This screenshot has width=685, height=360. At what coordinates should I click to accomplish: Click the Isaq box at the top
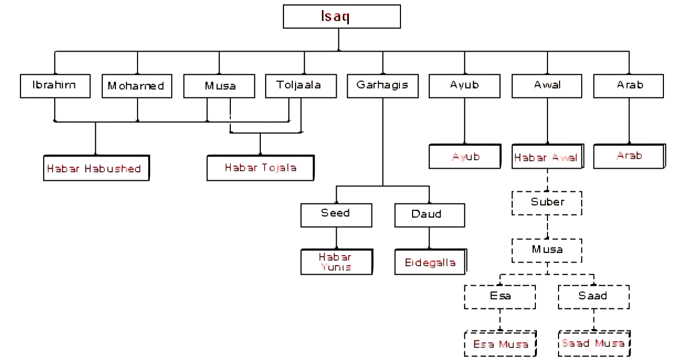[342, 16]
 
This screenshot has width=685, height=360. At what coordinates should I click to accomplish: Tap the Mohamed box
[136, 86]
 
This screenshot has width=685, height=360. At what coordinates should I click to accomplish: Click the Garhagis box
[383, 86]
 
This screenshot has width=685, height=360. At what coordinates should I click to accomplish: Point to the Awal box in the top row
[547, 86]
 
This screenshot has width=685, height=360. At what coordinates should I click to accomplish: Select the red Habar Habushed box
[95, 169]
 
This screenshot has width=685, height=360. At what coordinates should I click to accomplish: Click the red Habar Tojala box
[260, 168]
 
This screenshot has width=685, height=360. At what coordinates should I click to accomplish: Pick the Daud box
[429, 215]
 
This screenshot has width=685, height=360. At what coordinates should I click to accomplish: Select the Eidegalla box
[430, 262]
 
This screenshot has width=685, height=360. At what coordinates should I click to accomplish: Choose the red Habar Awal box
[546, 157]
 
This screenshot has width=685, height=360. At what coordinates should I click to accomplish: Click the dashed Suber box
[547, 203]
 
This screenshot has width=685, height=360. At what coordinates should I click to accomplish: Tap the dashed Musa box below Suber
[547, 250]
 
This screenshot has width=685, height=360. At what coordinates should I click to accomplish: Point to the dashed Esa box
[500, 297]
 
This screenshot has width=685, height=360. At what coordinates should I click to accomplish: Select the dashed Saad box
[593, 297]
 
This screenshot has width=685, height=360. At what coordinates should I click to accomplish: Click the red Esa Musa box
[500, 344]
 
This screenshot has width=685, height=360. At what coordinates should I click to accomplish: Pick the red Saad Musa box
[593, 344]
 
